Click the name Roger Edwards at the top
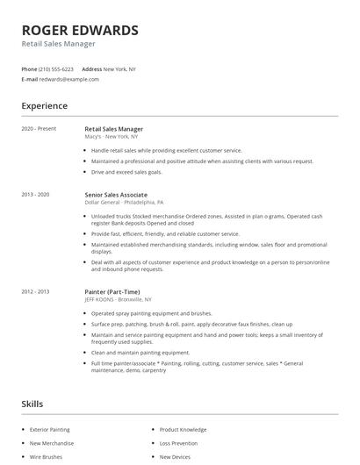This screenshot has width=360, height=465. [80, 30]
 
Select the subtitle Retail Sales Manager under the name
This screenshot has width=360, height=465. [59, 44]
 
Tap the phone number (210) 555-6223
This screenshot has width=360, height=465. [57, 68]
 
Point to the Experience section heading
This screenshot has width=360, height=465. [45, 106]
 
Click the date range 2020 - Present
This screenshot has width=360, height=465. [39, 129]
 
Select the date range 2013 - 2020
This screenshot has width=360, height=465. [36, 194]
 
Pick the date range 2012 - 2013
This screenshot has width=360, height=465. [36, 290]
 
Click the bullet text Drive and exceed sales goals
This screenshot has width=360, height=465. [126, 172]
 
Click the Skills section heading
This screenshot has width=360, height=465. [32, 404]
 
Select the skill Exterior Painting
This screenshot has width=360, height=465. [51, 430]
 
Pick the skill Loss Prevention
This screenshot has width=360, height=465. [180, 444]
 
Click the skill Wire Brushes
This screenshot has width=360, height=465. [46, 457]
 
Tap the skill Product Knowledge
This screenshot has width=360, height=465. [184, 430]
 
